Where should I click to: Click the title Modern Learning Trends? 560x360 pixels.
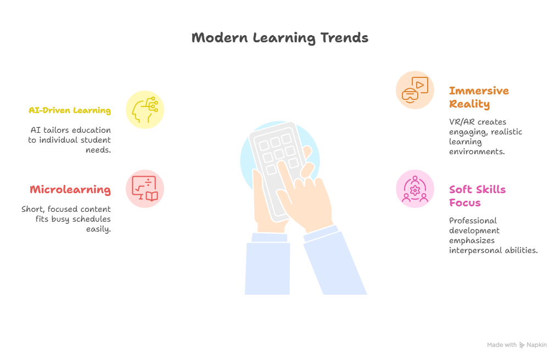pos(279,38)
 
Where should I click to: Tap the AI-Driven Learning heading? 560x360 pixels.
pos(70,110)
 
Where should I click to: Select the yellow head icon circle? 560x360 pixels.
pos(144,110)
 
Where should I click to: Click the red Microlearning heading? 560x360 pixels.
pos(70,190)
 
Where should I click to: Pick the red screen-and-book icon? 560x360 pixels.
pos(144,189)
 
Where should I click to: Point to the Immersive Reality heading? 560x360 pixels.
pos(479,97)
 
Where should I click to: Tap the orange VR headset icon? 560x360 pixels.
pos(415,90)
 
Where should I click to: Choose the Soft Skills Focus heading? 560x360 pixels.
pos(477,196)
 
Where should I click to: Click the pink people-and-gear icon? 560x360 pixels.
pos(415,189)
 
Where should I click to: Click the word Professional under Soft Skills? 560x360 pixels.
pos(473,221)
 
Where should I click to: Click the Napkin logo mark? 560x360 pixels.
pos(522,345)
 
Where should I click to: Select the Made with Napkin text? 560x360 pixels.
pos(517,345)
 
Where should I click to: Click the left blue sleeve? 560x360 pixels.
pos(267,264)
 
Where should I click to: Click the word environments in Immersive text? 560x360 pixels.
pos(477,152)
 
